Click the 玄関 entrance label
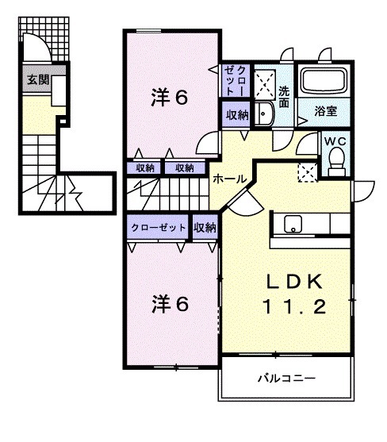click(36, 80)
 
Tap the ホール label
click(228, 179)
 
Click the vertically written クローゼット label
click(236, 80)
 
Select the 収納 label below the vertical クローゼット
click(236, 116)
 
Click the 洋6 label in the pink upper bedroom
click(170, 99)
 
